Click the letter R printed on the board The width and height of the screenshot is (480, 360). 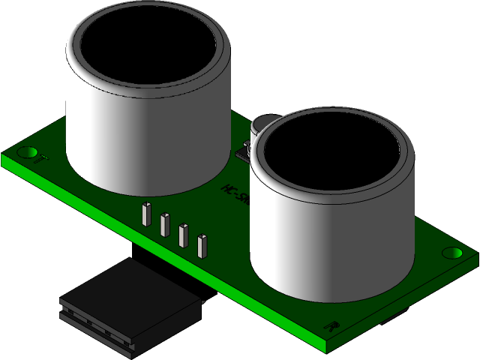(x=331, y=326)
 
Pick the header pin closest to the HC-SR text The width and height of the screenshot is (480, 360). (x=201, y=246)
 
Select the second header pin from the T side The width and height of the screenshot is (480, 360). (x=164, y=224)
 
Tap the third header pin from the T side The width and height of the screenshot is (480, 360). (x=183, y=235)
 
